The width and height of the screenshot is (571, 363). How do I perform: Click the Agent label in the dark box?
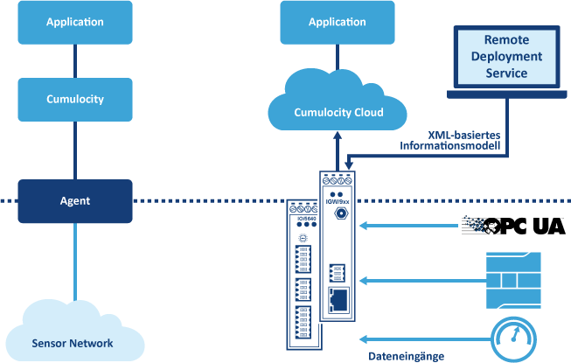click(75, 201)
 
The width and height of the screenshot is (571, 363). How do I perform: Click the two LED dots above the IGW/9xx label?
click(338, 190)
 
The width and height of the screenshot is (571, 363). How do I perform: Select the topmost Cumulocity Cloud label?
click(338, 113)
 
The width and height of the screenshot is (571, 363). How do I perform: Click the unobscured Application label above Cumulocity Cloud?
click(338, 22)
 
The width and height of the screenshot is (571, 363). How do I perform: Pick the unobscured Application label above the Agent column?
click(75, 22)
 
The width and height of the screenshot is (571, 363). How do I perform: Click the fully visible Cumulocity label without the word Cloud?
click(75, 99)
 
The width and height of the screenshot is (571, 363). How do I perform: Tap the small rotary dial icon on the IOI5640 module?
click(303, 237)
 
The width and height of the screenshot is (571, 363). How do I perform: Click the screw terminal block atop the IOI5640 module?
click(304, 209)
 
